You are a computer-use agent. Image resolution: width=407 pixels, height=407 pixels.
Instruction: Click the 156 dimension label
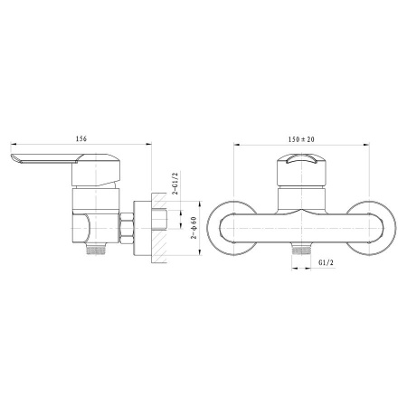[x=81, y=138]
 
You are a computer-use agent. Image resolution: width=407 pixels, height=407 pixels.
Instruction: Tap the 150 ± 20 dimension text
[x=301, y=139]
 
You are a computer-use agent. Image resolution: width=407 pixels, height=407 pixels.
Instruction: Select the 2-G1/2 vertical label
[x=175, y=184]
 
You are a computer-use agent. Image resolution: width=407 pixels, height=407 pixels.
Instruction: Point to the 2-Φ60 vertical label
[x=194, y=228]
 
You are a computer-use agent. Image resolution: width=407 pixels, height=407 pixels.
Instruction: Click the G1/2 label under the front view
[x=327, y=262]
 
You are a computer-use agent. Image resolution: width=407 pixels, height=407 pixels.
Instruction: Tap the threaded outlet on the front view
[x=301, y=251]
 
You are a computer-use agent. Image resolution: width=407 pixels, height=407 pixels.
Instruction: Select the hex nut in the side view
[x=127, y=228]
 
